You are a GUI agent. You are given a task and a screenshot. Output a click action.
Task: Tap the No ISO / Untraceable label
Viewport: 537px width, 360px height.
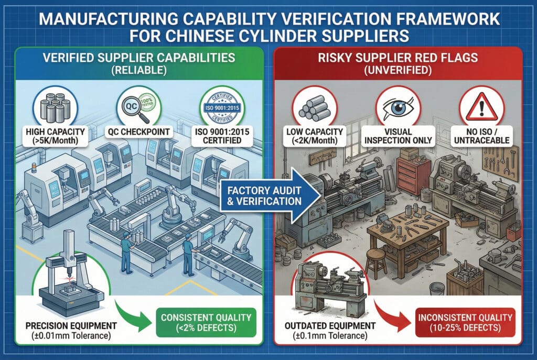tap(479, 136)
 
